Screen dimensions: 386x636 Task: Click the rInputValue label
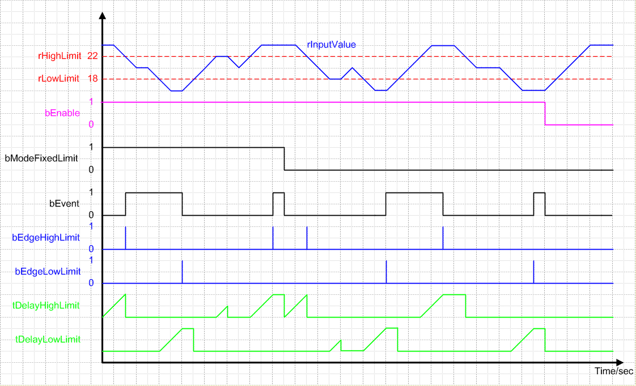click(331, 44)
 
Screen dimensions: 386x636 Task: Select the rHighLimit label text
click(60, 56)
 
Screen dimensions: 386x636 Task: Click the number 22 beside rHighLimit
click(93, 56)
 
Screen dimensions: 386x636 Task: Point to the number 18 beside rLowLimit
click(93, 79)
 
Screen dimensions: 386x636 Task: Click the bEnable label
click(62, 113)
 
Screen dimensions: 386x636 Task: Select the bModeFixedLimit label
click(41, 158)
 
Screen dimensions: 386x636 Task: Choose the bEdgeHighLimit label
click(46, 238)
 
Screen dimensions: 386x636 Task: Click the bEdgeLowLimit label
click(48, 272)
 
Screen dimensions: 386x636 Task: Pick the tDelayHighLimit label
click(46, 306)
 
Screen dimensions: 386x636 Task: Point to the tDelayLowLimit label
click(48, 340)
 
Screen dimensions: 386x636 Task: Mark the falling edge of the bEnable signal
click(545, 113)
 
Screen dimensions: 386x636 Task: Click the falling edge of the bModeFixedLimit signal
click(284, 158)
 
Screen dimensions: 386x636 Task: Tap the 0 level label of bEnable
click(91, 125)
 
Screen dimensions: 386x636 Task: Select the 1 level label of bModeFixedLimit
click(91, 147)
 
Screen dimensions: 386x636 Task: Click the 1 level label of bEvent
click(91, 192)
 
